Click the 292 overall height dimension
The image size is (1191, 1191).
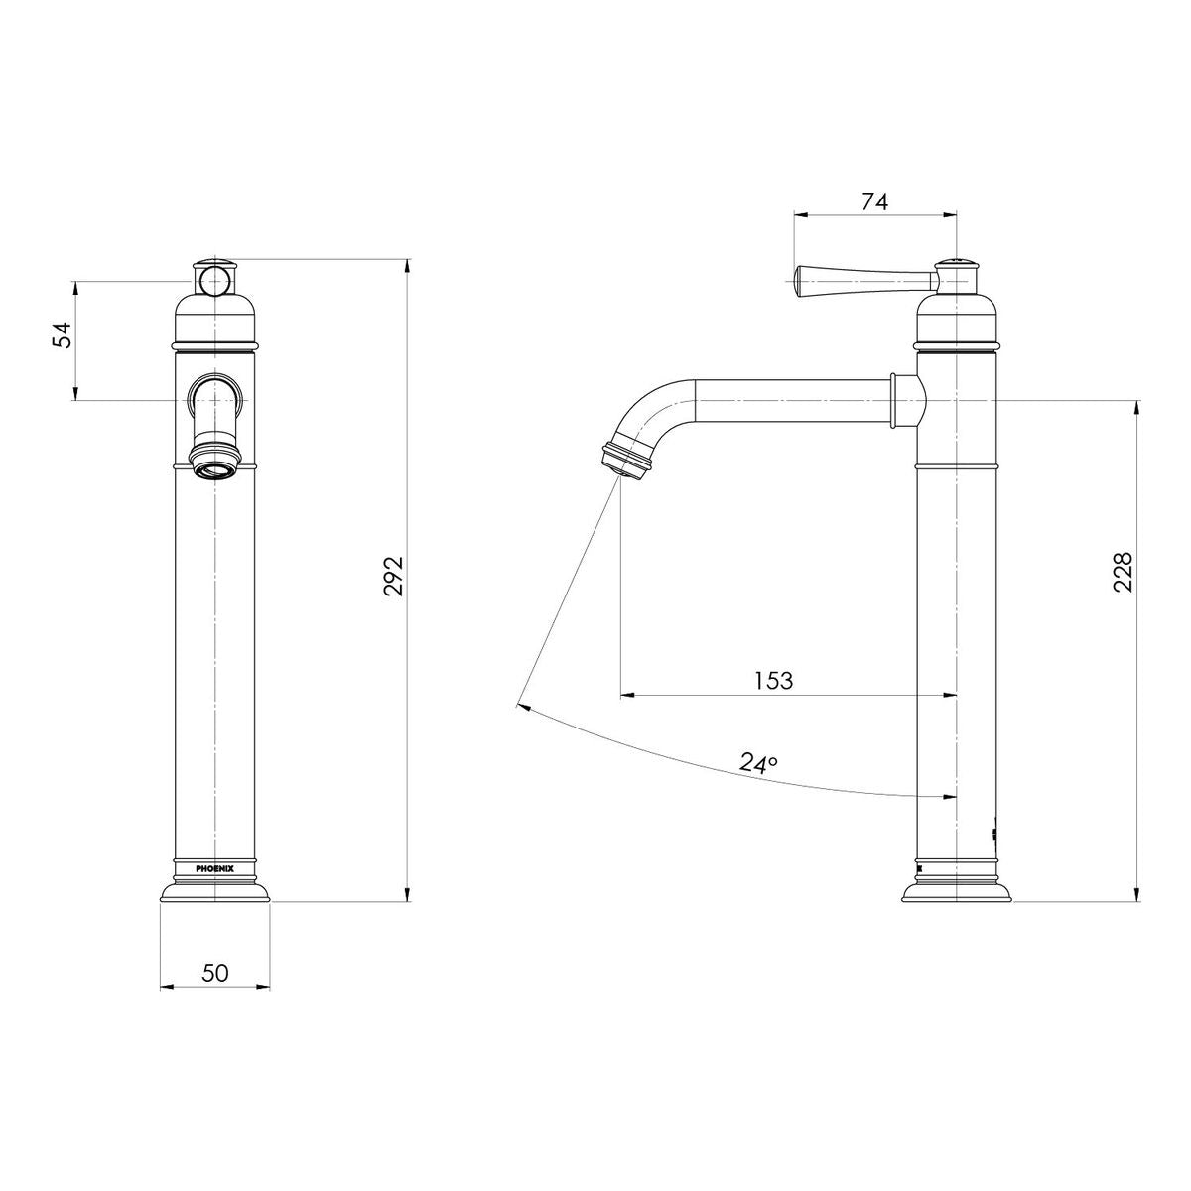pos(393,576)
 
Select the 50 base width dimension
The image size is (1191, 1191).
pos(215,973)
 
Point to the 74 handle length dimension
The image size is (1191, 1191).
pos(874,201)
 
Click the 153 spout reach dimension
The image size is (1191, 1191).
pos(773,681)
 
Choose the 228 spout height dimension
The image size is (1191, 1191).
pos(1123,572)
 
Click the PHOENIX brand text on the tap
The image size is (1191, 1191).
pos(214,869)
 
